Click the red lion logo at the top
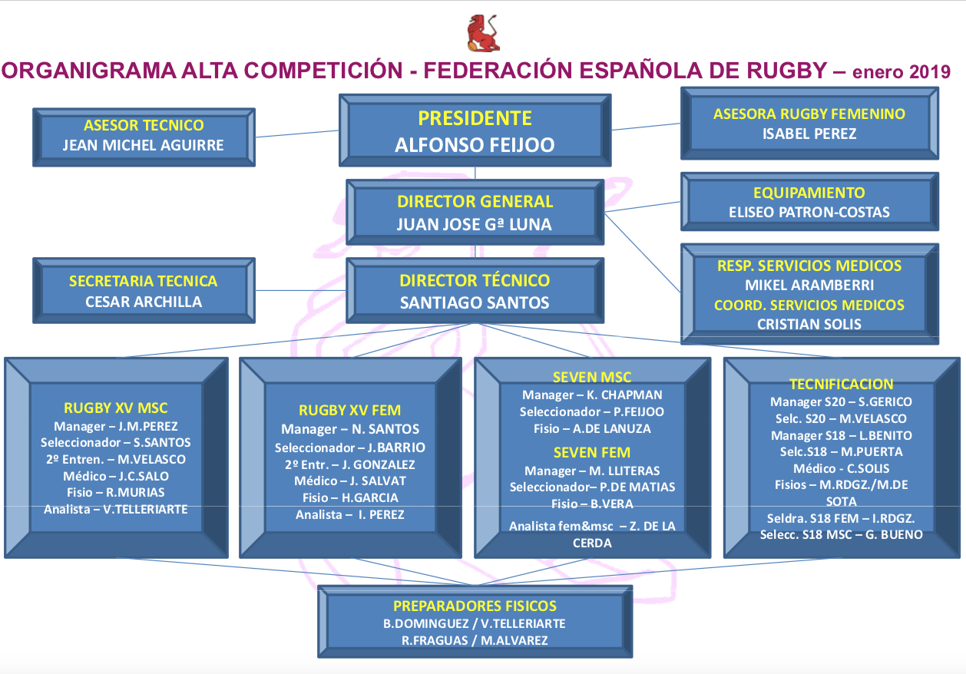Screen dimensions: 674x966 pyautogui.click(x=484, y=33)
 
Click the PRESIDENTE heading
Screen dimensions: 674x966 pyautogui.click(x=475, y=118)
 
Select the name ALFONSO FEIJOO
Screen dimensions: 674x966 pyautogui.click(x=475, y=145)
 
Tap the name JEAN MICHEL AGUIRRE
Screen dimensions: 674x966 pyautogui.click(x=144, y=145)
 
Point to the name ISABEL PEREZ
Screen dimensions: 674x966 pyautogui.click(x=809, y=134)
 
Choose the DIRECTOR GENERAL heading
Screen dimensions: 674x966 pyautogui.click(x=475, y=202)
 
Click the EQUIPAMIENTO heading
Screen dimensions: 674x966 pyautogui.click(x=809, y=193)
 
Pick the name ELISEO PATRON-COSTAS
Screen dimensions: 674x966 pyautogui.click(x=809, y=213)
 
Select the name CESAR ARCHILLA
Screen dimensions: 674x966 pyautogui.click(x=144, y=302)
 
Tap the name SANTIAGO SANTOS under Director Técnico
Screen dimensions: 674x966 pyautogui.click(x=475, y=303)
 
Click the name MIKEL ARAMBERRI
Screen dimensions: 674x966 pyautogui.click(x=809, y=285)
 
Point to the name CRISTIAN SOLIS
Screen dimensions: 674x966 pyautogui.click(x=809, y=324)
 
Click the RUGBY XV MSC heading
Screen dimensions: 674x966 pyautogui.click(x=116, y=408)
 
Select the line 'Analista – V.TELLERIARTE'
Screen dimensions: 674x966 pyautogui.click(x=116, y=509)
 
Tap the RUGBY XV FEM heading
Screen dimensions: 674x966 pyautogui.click(x=350, y=410)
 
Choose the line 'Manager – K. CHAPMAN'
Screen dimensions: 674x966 pyautogui.click(x=592, y=395)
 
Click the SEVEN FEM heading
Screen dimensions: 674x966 pyautogui.click(x=592, y=451)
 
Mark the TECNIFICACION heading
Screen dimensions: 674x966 pyautogui.click(x=842, y=384)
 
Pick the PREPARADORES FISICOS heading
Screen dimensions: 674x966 pyautogui.click(x=475, y=606)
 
